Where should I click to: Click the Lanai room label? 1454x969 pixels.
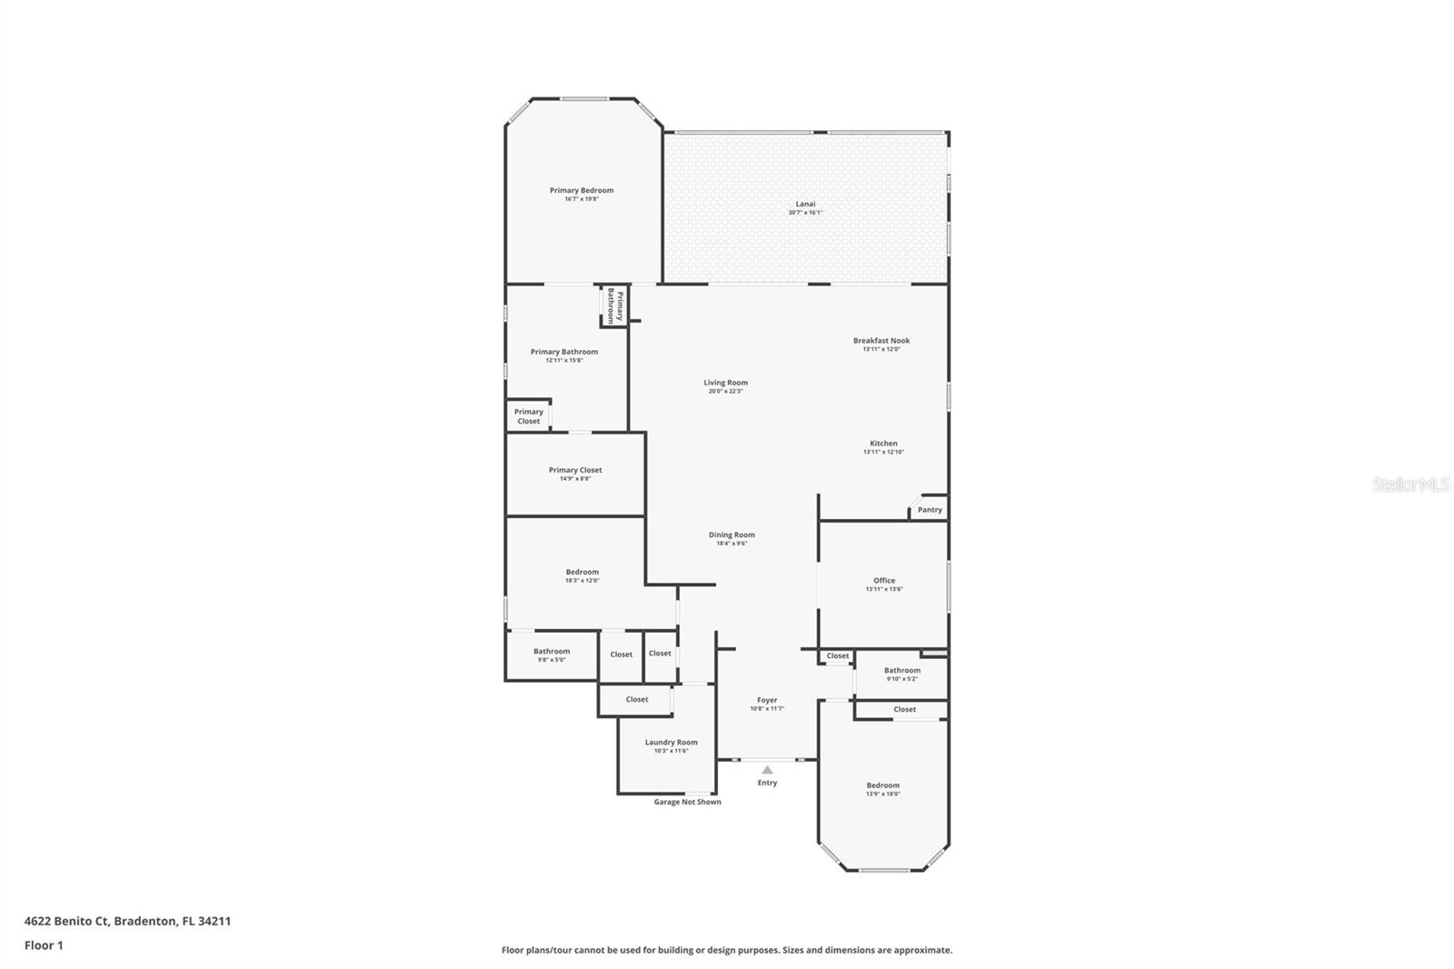click(805, 204)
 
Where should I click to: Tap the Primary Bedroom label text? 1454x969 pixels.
click(582, 190)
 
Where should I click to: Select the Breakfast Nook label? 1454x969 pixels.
click(881, 341)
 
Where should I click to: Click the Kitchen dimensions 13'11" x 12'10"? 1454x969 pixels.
click(883, 452)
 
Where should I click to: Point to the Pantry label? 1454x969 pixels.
click(930, 510)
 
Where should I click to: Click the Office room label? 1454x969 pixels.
click(884, 580)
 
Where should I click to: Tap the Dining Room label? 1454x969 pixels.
click(732, 534)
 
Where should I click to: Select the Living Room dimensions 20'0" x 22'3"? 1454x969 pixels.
click(725, 391)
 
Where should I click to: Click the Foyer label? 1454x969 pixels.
click(767, 700)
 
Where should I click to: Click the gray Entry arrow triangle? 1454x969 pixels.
click(767, 770)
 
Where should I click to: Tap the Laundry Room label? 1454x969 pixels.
click(672, 742)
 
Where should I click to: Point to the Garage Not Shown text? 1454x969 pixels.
click(688, 802)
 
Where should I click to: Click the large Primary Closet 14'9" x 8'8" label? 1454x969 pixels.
click(575, 470)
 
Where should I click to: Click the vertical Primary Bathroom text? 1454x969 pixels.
click(615, 306)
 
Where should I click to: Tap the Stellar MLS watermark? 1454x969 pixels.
click(1410, 484)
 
